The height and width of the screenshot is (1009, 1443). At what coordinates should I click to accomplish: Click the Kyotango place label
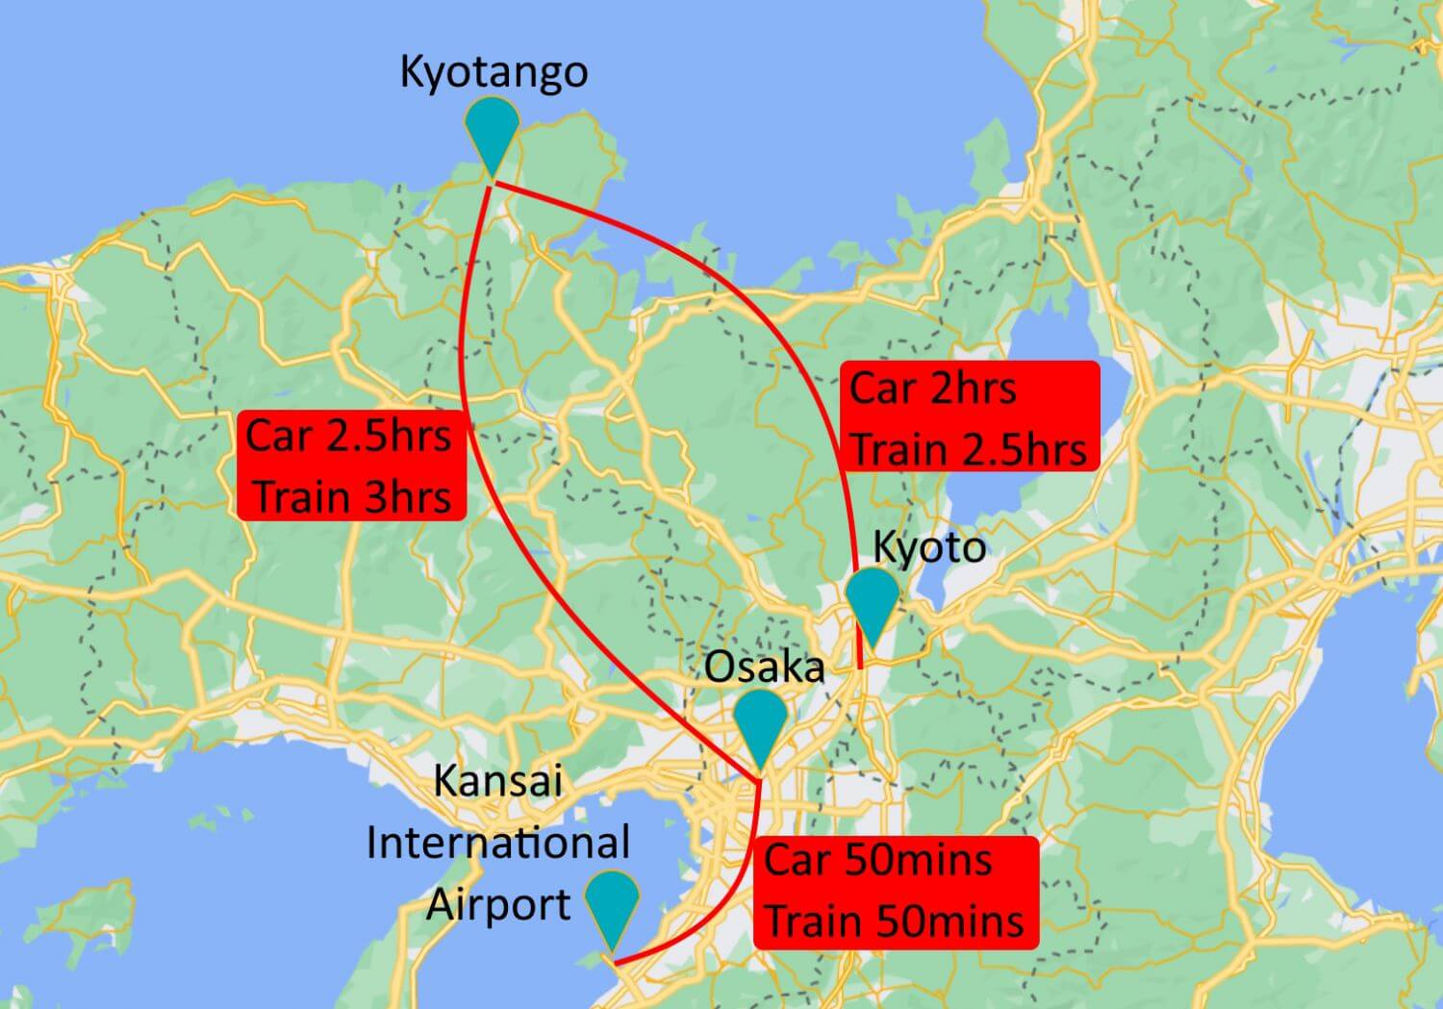click(x=494, y=72)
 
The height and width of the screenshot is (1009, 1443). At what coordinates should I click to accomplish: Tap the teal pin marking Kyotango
click(x=492, y=130)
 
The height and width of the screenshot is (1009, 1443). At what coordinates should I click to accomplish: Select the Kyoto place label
click(x=928, y=547)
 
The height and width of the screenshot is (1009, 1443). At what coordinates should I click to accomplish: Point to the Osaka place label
click(x=764, y=667)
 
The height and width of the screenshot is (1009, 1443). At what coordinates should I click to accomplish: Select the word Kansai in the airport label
click(x=497, y=780)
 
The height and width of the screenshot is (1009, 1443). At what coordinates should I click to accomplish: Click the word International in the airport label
click(x=497, y=843)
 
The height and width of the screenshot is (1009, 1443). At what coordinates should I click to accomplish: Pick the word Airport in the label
click(x=497, y=904)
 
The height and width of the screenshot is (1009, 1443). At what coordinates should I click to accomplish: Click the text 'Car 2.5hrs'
click(x=348, y=436)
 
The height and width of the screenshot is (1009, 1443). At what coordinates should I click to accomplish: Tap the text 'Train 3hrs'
click(x=353, y=497)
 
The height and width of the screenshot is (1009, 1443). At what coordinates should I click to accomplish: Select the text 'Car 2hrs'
click(x=933, y=389)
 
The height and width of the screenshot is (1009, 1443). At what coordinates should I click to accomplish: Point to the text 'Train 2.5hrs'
click(x=969, y=449)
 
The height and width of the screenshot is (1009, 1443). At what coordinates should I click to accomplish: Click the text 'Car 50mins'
click(x=877, y=859)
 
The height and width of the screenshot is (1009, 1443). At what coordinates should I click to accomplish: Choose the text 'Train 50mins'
click(x=895, y=921)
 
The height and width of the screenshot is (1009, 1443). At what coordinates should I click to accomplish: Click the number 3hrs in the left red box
click(x=407, y=497)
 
